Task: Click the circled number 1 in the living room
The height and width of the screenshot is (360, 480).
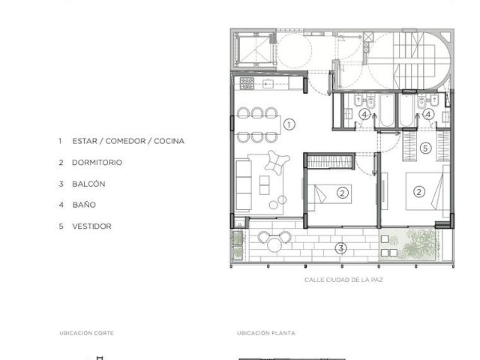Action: point(289,124)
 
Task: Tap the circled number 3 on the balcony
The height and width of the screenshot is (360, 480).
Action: point(340,248)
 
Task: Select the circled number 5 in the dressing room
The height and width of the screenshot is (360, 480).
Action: point(425,148)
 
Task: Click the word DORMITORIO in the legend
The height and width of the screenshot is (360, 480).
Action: point(97,163)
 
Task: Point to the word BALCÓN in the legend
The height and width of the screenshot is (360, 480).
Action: point(88,184)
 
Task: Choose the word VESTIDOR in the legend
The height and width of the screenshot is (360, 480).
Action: point(91,226)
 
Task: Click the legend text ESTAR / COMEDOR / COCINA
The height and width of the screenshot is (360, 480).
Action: point(128,141)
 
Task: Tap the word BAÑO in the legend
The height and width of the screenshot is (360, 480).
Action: point(84,205)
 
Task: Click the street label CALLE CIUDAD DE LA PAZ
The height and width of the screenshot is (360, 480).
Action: point(343,280)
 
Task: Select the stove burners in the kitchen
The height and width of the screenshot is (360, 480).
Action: point(247,83)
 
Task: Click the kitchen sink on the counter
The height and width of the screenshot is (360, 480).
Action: point(268,83)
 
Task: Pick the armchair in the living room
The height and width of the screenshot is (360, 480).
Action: point(277,162)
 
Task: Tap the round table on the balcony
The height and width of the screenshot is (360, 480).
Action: point(274,244)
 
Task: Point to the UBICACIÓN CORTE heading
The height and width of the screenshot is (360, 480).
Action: point(87,333)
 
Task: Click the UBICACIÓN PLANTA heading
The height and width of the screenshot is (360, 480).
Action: point(266,333)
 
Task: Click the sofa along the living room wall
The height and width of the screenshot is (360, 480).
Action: point(243,185)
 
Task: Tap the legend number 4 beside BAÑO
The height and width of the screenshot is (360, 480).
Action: point(61,205)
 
